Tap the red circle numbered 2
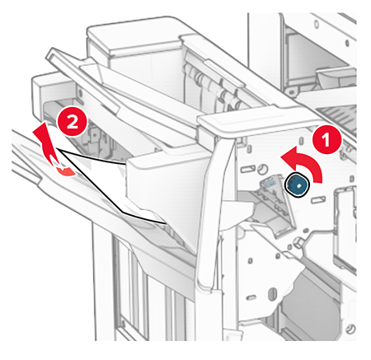tap(72, 123)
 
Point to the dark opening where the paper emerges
tap(91, 132)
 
